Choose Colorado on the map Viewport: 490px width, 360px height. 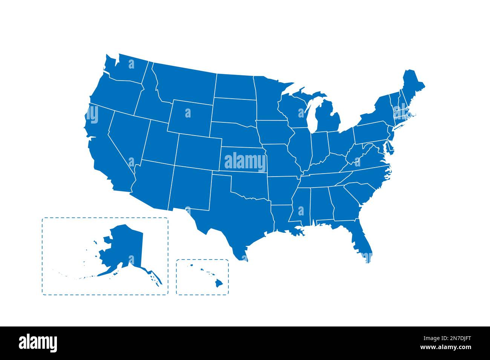[x=198, y=151]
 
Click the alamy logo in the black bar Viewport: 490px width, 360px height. [x=38, y=343]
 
